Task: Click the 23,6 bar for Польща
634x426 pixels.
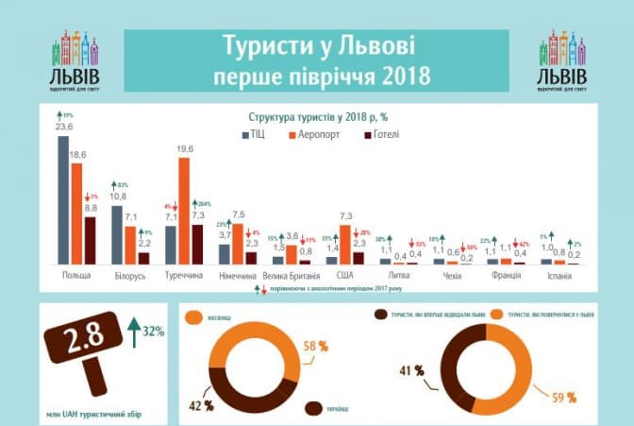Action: tap(63, 199)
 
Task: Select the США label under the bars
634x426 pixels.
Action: tap(344, 276)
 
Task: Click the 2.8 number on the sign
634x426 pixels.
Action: tap(83, 342)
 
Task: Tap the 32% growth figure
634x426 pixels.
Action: tap(153, 331)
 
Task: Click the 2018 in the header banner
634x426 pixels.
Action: tap(399, 74)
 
